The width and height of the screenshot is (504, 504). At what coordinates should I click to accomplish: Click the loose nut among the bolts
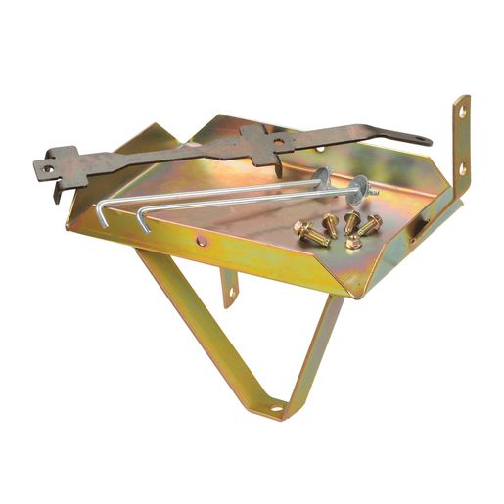tap(352, 241)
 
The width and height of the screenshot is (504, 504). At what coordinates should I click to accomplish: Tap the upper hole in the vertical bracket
tap(463, 113)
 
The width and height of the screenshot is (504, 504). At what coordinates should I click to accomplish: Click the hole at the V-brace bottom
tap(276, 405)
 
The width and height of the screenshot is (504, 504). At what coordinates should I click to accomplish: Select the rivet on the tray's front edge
tap(202, 240)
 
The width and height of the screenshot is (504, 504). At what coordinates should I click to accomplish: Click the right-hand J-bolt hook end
tap(143, 224)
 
